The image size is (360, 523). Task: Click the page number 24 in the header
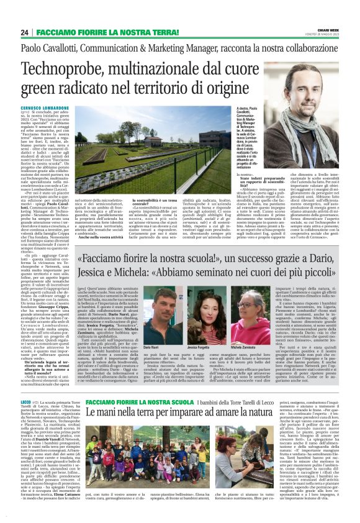pos(25,32)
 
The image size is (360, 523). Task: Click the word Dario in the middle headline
pos(319,258)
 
